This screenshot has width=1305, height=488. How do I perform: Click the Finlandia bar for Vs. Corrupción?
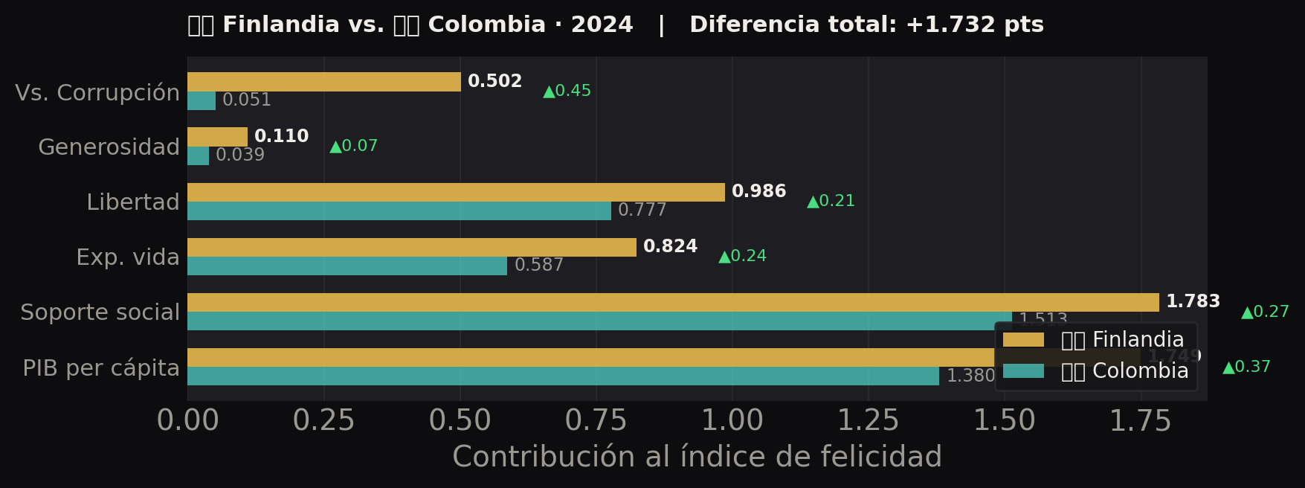click(x=323, y=82)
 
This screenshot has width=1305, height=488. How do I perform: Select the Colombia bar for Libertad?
click(x=399, y=211)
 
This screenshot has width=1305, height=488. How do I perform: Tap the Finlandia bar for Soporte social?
click(x=673, y=302)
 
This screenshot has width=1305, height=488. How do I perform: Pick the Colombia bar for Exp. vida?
click(x=347, y=266)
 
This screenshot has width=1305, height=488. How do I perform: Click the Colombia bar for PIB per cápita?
click(x=563, y=376)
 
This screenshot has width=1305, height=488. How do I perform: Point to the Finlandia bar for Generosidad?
click(x=217, y=137)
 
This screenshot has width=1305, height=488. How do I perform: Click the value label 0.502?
click(x=494, y=82)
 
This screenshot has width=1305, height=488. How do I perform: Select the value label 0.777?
click(x=642, y=211)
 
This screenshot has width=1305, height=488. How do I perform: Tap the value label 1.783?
click(x=1193, y=302)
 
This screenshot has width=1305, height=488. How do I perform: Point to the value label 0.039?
click(x=240, y=155)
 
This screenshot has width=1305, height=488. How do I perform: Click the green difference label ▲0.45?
click(x=567, y=91)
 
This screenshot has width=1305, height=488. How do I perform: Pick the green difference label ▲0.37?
click(x=1247, y=367)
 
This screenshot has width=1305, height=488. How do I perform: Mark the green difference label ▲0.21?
click(x=831, y=201)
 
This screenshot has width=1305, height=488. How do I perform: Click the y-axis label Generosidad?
click(x=109, y=147)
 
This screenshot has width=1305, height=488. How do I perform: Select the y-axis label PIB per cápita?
click(x=101, y=368)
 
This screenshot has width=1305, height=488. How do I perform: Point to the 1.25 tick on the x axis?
click(x=868, y=421)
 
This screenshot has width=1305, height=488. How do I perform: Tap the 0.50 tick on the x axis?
click(x=460, y=421)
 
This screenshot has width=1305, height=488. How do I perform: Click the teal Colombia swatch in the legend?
click(x=1023, y=371)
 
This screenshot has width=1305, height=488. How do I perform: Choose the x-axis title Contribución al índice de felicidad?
click(x=697, y=457)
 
